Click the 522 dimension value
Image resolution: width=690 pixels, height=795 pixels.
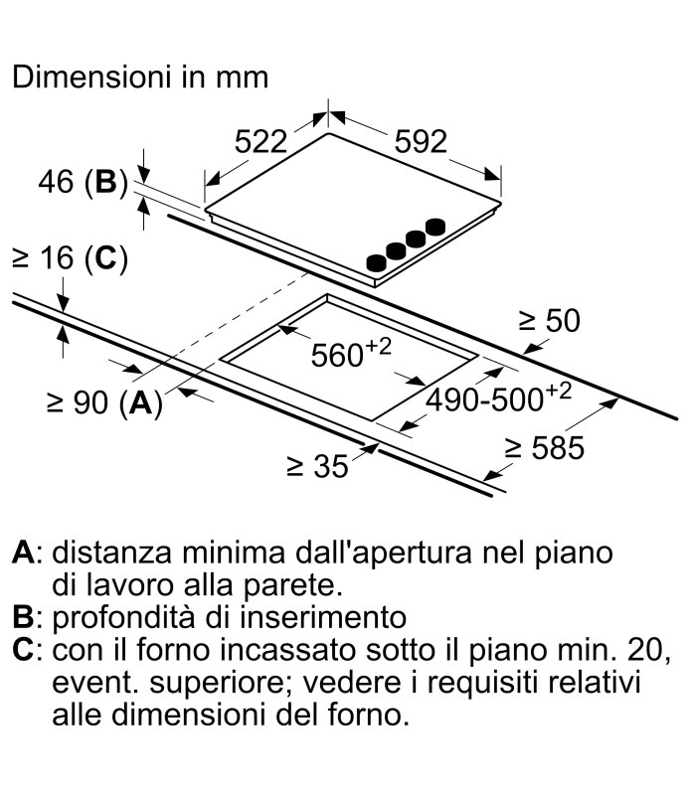point(259,143)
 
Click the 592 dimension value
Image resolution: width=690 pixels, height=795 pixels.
point(421,143)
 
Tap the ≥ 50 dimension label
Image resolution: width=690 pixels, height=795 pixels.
point(548,321)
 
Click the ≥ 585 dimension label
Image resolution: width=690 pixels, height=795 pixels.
point(543,448)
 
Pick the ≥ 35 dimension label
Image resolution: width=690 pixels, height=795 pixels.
point(318,466)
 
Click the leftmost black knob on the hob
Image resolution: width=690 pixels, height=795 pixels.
point(376,263)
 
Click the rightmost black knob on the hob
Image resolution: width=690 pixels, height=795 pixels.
point(434,228)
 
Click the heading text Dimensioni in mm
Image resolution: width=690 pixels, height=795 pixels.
point(140,78)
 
